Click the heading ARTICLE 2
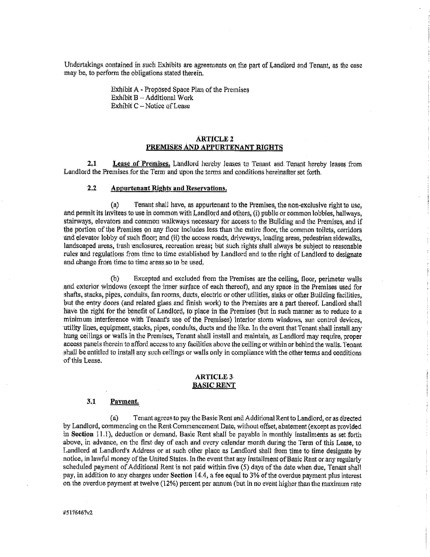tap(214, 139)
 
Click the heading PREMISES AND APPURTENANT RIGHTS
tap(214, 147)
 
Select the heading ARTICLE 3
tap(214, 377)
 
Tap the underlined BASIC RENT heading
tap(214, 385)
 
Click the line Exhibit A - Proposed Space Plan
tap(180, 90)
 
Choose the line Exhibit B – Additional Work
tap(152, 98)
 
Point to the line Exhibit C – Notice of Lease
tap(150, 106)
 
